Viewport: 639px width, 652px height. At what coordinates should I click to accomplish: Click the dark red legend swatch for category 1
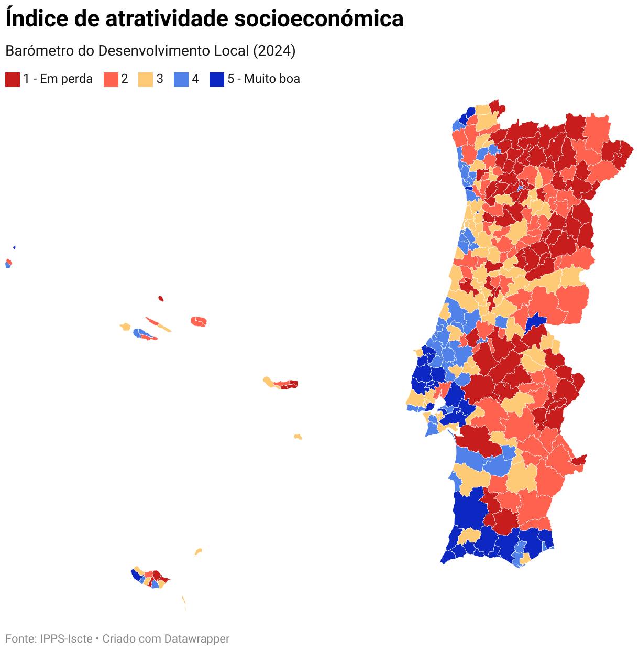(13, 80)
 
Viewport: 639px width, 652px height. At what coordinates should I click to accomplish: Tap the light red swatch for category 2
(111, 80)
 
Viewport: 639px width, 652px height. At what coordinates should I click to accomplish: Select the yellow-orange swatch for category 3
(146, 80)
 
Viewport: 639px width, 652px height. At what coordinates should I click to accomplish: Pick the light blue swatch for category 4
(181, 80)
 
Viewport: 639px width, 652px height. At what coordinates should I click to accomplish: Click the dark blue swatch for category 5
(216, 80)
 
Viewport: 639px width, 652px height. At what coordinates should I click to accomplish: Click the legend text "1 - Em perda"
(58, 79)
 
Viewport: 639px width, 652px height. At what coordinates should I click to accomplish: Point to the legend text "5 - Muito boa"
(263, 79)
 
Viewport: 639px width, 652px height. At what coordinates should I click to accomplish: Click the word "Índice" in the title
(37, 18)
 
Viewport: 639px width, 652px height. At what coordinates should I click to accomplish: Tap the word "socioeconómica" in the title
(318, 19)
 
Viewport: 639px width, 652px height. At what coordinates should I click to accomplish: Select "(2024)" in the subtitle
(274, 51)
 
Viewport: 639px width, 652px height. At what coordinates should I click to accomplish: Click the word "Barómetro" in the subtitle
(40, 51)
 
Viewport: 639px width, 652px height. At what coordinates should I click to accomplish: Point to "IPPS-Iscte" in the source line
(66, 638)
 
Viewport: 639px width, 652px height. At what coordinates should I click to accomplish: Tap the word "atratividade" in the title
(167, 19)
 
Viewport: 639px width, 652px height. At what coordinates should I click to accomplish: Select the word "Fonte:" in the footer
(21, 638)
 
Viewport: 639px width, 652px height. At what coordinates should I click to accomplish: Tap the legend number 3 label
(160, 79)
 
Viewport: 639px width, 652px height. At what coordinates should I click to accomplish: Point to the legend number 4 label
(195, 79)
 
